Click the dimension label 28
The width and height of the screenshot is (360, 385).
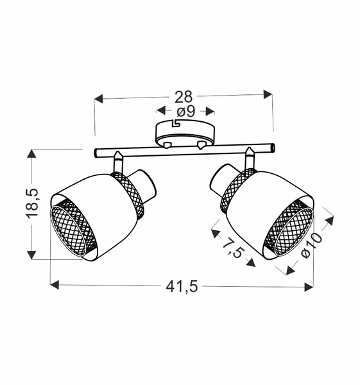(184, 97)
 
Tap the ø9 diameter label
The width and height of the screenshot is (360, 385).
(185, 112)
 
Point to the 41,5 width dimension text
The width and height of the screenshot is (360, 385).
(182, 287)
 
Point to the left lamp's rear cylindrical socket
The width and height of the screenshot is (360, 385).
(145, 184)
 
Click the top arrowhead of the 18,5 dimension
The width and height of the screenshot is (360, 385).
(31, 153)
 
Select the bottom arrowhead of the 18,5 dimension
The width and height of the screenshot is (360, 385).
(31, 255)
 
